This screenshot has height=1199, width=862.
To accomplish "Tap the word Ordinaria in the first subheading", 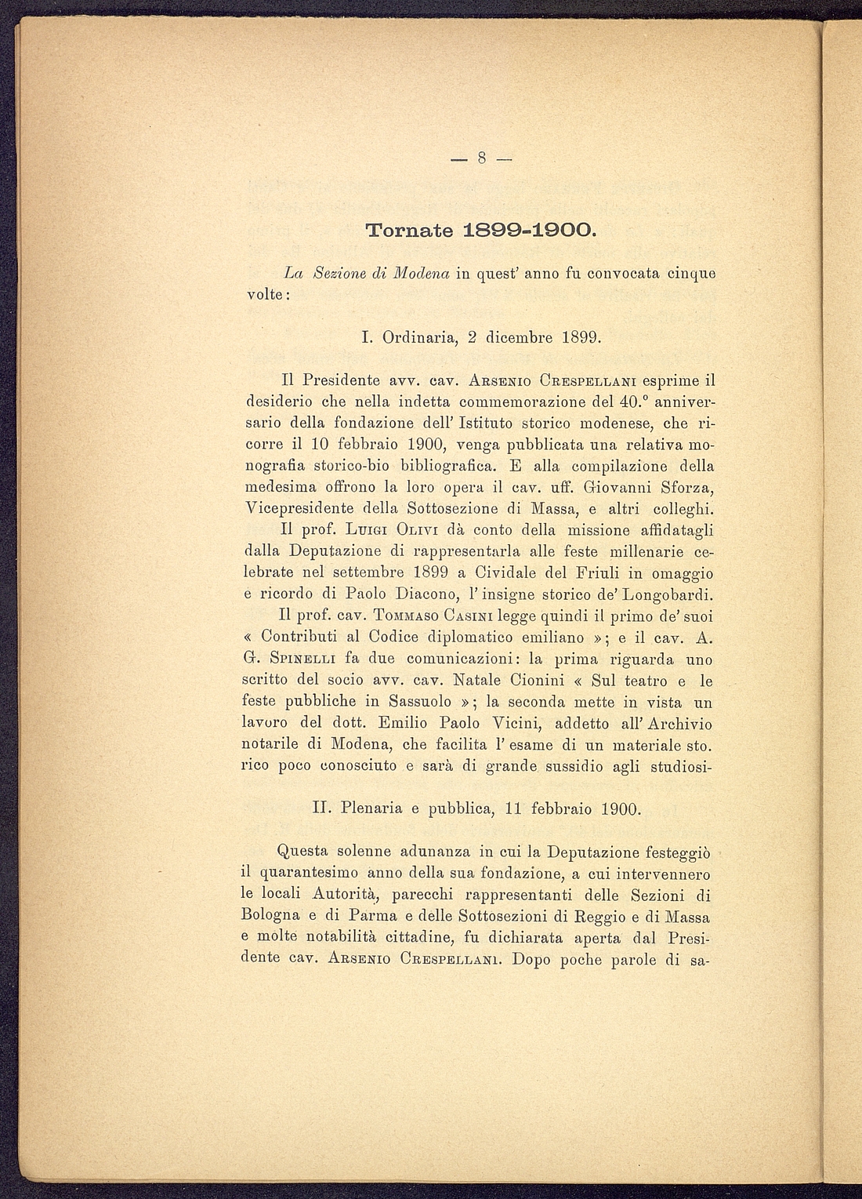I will coord(418,338).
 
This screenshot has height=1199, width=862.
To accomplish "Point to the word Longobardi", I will coord(665,594).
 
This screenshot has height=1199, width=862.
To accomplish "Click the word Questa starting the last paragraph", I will coord(303,851).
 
